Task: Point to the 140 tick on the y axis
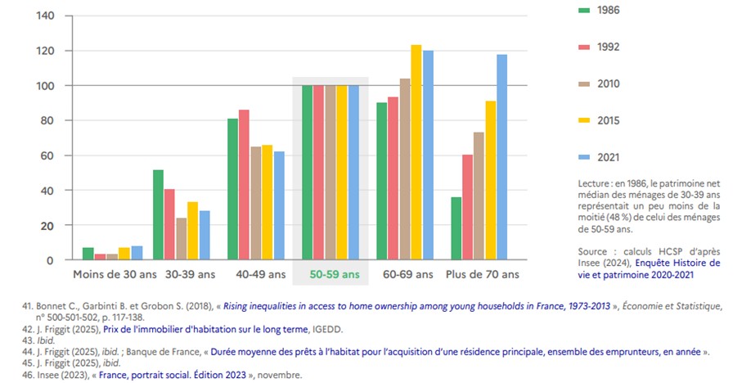(x=45, y=16)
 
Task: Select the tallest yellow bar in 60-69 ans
(x=416, y=152)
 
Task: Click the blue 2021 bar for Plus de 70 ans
(x=502, y=157)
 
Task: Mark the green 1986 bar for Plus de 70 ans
(x=456, y=228)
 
